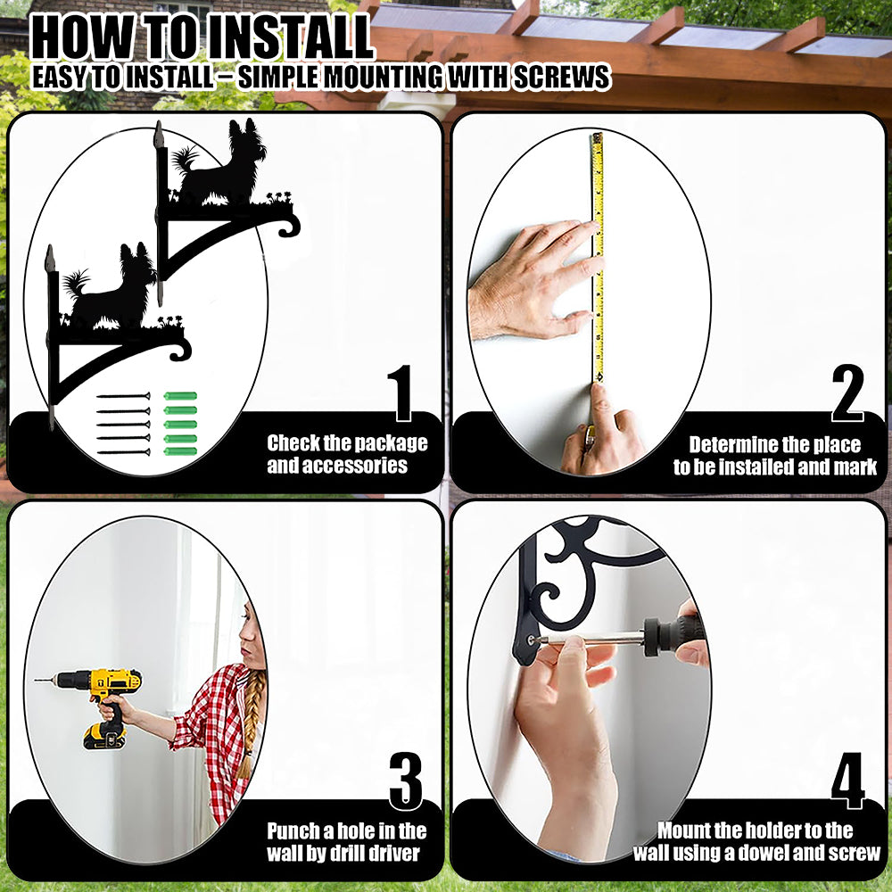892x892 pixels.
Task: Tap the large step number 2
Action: (x=847, y=393)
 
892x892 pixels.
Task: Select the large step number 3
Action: (x=406, y=781)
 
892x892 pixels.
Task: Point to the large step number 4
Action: (x=847, y=781)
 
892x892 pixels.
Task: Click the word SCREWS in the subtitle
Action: (x=562, y=78)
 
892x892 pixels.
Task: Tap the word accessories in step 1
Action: (x=337, y=466)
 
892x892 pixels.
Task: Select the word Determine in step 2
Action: (x=732, y=444)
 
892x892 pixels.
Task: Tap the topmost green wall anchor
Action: (x=180, y=396)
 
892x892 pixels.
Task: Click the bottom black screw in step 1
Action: (x=123, y=452)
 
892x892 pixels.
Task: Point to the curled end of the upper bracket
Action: (x=290, y=226)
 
